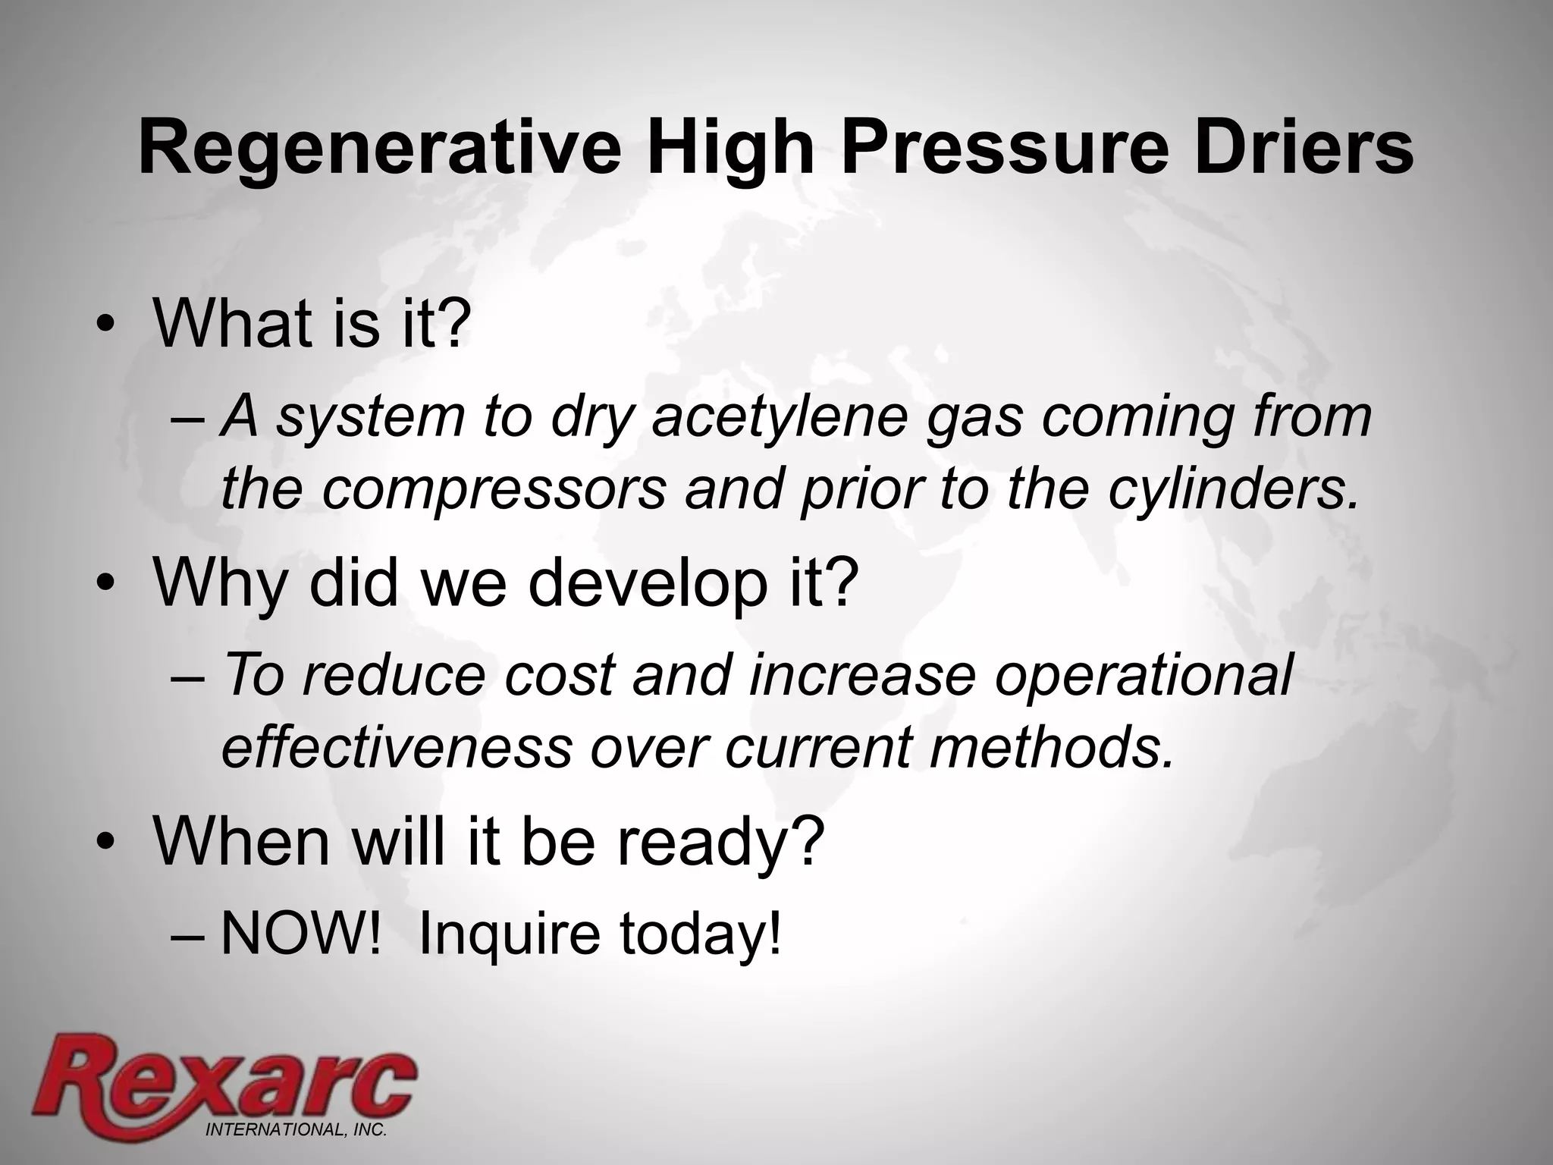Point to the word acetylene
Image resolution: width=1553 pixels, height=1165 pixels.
[x=773, y=417]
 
